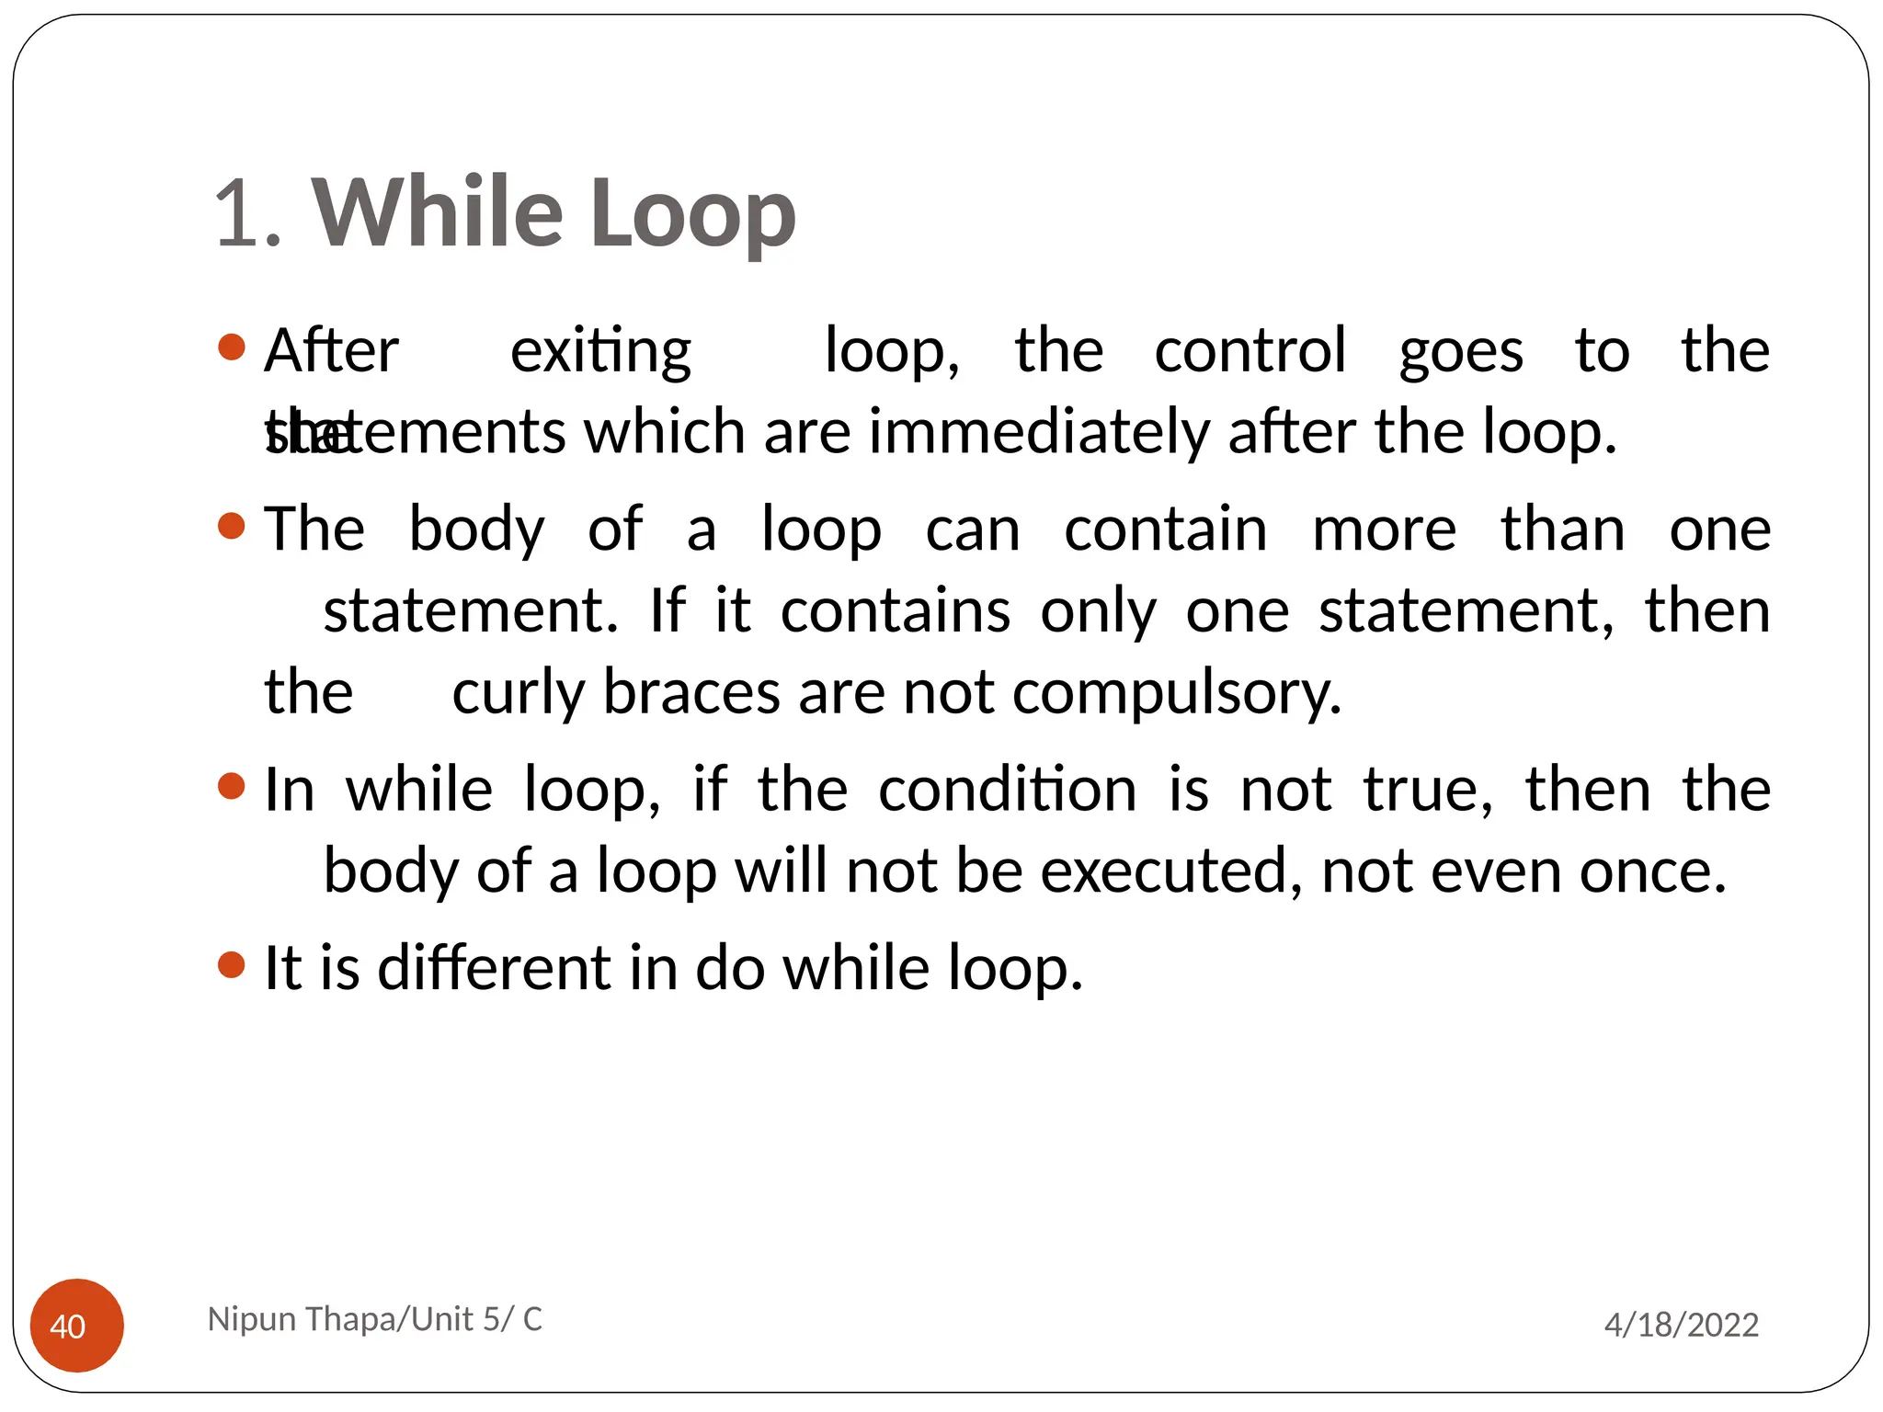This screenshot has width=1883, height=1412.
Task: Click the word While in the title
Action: point(437,212)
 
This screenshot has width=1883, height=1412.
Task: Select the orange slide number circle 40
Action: point(77,1325)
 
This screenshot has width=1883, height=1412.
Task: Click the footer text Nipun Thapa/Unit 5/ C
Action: point(375,1319)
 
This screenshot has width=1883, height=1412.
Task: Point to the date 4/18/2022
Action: point(1681,1325)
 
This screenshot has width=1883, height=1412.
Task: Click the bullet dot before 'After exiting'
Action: point(232,347)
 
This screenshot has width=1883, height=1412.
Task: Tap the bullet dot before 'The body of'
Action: point(232,527)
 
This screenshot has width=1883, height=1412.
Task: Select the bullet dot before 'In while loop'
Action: point(232,787)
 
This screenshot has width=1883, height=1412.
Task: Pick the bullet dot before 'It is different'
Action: point(232,965)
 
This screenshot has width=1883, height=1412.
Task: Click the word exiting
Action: point(600,351)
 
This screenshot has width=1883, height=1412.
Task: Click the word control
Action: point(1250,351)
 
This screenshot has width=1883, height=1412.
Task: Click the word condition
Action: point(1007,790)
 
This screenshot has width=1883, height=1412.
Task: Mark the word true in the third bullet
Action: point(1426,790)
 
